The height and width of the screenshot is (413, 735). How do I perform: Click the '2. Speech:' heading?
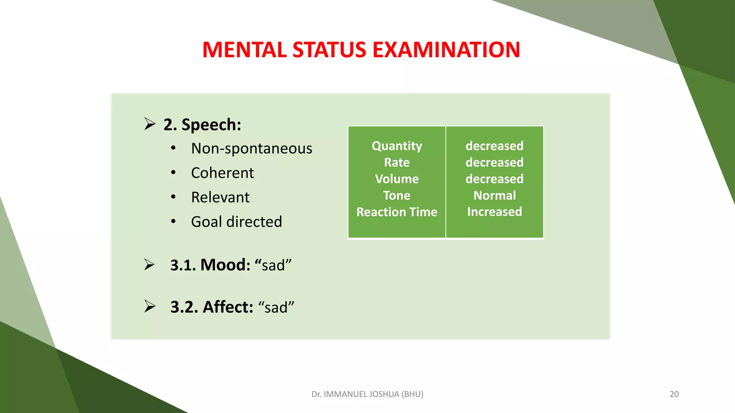click(202, 125)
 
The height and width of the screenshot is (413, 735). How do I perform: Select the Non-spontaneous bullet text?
click(252, 148)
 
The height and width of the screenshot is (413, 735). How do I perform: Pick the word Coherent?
click(222, 173)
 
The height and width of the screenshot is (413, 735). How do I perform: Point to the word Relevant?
click(220, 197)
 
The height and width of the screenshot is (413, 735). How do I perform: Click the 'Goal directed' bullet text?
click(236, 222)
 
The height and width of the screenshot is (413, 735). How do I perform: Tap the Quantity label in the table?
click(397, 146)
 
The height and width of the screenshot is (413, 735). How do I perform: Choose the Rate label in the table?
click(397, 162)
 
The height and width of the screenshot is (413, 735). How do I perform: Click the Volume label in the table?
click(397, 179)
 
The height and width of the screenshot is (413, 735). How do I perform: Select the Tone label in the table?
click(397, 195)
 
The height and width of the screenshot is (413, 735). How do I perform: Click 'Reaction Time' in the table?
click(397, 212)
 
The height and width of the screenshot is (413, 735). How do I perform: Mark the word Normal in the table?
click(494, 195)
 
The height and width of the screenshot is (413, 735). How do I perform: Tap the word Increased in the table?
click(494, 212)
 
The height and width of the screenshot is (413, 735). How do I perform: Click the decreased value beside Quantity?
click(494, 146)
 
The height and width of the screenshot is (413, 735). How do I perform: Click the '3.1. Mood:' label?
click(210, 265)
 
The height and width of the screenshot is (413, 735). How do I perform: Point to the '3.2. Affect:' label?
click(212, 307)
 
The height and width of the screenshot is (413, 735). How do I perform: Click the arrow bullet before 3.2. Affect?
click(150, 306)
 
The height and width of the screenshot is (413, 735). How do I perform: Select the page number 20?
click(674, 394)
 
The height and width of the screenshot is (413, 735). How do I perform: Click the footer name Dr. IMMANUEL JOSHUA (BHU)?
click(367, 394)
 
